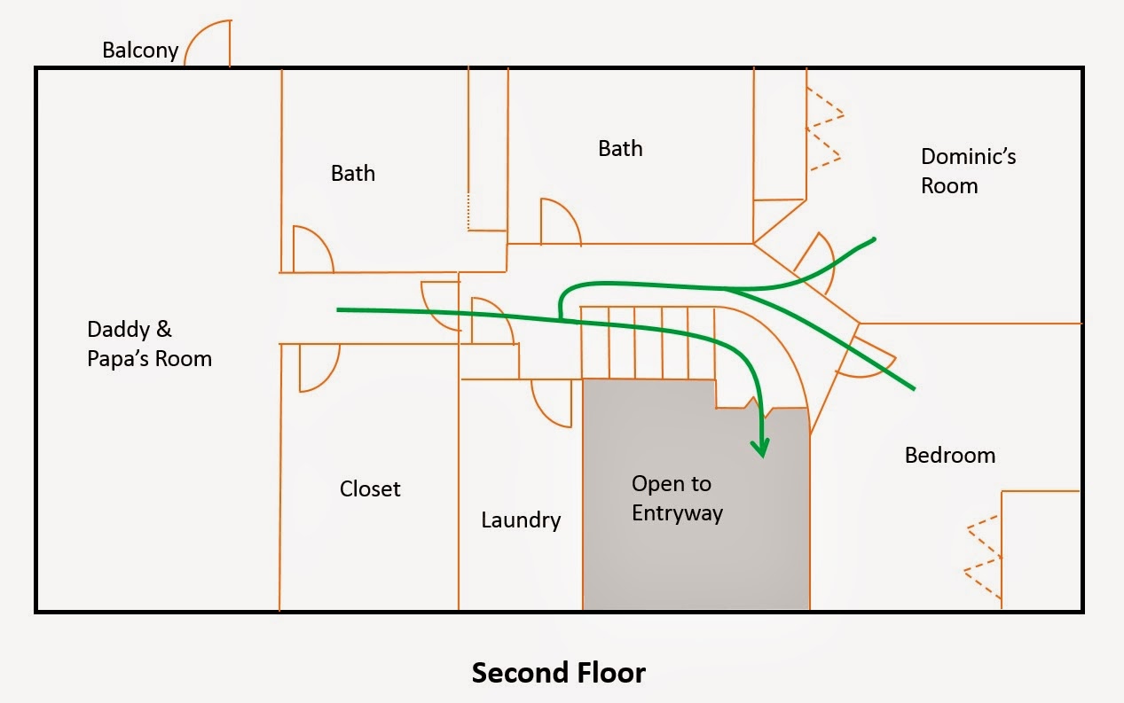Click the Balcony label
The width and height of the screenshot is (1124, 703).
click(140, 50)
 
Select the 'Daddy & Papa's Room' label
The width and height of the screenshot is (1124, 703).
click(149, 344)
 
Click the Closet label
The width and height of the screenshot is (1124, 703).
click(370, 488)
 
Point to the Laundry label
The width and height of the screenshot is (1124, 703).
click(521, 519)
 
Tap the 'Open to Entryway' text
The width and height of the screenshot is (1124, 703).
click(677, 498)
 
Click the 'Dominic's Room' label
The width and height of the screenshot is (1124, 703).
click(968, 171)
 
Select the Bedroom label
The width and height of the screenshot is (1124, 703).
click(949, 456)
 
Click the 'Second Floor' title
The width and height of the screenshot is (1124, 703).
click(558, 673)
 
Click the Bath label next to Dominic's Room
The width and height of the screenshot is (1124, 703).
click(620, 148)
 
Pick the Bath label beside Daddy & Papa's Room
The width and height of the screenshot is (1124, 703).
click(352, 173)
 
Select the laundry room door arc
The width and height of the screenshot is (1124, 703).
click(550, 404)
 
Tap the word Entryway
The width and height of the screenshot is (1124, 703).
click(677, 512)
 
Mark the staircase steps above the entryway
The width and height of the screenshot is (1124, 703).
click(648, 341)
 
